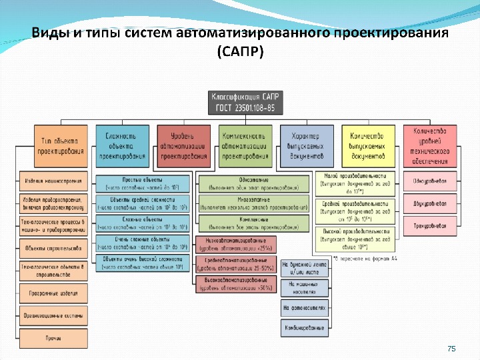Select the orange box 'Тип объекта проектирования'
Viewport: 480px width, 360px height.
point(61,146)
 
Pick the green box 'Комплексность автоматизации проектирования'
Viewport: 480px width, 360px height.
point(245,146)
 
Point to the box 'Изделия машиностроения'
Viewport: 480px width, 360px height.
point(53,181)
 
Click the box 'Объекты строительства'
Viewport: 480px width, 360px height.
point(53,248)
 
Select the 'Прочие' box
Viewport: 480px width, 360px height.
point(53,338)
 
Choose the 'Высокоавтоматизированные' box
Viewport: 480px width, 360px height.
point(235,285)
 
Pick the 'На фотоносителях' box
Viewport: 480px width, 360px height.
point(304,308)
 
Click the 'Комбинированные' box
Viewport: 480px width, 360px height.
point(304,328)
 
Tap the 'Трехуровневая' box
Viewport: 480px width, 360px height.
point(429,226)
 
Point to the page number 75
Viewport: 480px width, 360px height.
point(451,349)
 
